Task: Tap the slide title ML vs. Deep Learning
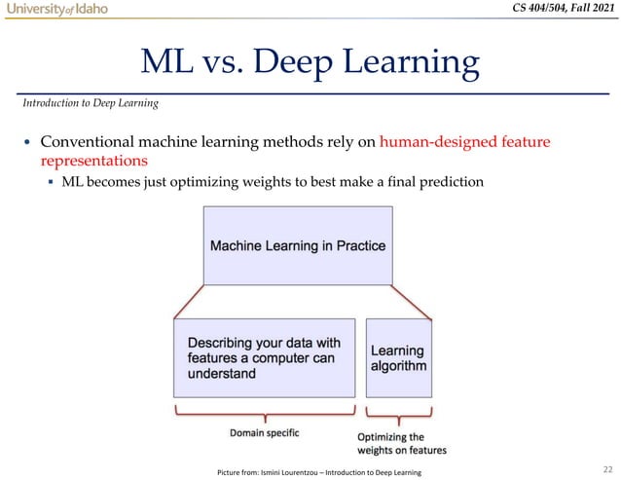click(310, 64)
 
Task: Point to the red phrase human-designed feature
click(465, 142)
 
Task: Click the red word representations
click(94, 161)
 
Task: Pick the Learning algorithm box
click(398, 357)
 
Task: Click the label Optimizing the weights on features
click(401, 443)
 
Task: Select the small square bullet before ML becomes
click(51, 182)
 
